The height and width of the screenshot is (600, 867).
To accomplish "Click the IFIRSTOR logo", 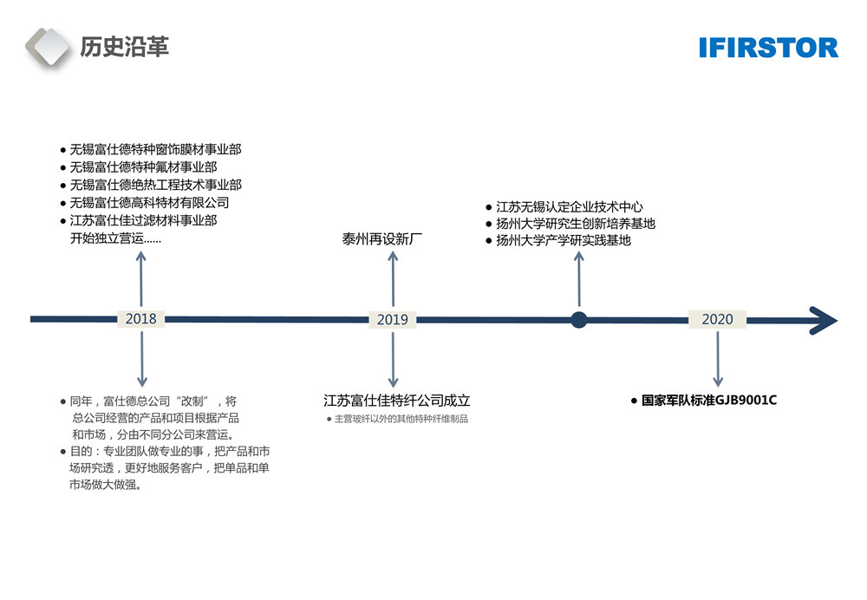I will pyautogui.click(x=768, y=48).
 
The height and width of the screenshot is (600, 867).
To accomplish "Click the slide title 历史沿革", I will pyautogui.click(x=124, y=47).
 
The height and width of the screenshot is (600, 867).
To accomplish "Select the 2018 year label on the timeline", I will pyautogui.click(x=141, y=319).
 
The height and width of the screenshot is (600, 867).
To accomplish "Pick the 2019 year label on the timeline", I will pyautogui.click(x=392, y=320).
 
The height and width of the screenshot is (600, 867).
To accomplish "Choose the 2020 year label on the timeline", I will pyautogui.click(x=717, y=319).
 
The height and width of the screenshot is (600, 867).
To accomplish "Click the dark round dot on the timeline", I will pyautogui.click(x=579, y=320).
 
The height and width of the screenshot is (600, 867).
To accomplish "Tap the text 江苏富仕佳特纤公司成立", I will pyautogui.click(x=396, y=401).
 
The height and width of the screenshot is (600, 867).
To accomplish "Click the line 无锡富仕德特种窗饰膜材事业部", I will pyautogui.click(x=155, y=149).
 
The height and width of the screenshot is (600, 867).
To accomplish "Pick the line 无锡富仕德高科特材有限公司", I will pyautogui.click(x=149, y=203).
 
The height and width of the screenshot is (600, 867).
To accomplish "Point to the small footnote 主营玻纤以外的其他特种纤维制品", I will pyautogui.click(x=401, y=420).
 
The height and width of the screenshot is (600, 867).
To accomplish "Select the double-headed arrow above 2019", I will pyautogui.click(x=393, y=278).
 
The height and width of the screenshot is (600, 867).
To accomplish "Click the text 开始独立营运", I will pyautogui.click(x=114, y=238).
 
